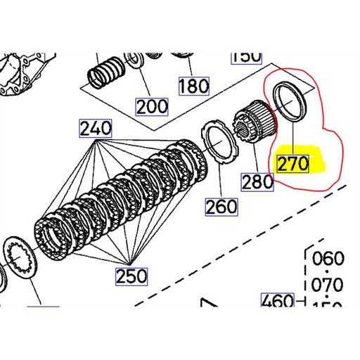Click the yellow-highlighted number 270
(293, 164)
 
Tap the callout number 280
(257, 181)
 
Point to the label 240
(96, 129)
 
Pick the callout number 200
(152, 106)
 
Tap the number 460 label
(277, 302)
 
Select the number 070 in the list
(326, 285)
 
